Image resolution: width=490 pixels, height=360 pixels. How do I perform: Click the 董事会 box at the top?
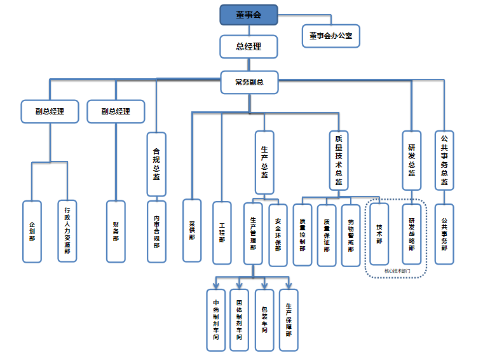click(x=249, y=15)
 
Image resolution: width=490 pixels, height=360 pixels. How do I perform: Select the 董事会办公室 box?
click(x=330, y=36)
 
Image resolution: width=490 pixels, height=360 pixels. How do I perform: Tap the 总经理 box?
click(x=249, y=46)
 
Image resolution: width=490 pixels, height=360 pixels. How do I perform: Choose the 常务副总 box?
click(x=249, y=81)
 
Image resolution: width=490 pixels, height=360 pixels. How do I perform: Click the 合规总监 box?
click(x=156, y=164)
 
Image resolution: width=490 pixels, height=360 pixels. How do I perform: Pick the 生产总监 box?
click(x=264, y=162)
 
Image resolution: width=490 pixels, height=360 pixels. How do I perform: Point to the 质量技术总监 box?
click(x=339, y=160)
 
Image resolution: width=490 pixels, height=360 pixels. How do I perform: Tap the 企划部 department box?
click(x=32, y=232)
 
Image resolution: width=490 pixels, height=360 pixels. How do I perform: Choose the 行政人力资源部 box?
click(x=67, y=232)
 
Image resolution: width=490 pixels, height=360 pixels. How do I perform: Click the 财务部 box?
click(x=116, y=232)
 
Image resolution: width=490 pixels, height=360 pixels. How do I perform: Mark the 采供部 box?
click(x=192, y=230)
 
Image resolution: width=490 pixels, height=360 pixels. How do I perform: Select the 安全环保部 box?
click(x=278, y=234)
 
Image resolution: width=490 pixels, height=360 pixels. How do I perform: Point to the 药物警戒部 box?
click(x=351, y=235)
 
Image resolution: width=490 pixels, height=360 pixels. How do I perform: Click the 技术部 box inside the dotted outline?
click(x=379, y=233)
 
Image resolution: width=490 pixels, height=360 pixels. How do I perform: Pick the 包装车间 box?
click(x=264, y=320)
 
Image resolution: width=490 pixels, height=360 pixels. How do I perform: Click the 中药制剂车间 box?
click(x=216, y=320)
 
